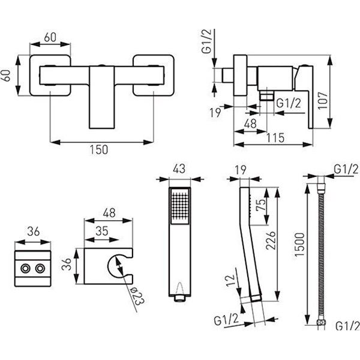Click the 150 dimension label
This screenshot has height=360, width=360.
[99, 149]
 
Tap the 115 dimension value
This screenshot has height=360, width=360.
[275, 138]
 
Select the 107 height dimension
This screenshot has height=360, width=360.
[323, 101]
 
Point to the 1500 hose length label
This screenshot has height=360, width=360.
[299, 245]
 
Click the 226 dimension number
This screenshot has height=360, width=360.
[271, 241]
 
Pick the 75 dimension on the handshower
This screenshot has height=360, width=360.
[260, 205]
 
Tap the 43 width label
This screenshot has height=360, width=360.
[179, 169]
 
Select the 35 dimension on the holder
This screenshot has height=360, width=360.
[102, 231]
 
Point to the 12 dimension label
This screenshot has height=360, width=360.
[231, 280]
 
